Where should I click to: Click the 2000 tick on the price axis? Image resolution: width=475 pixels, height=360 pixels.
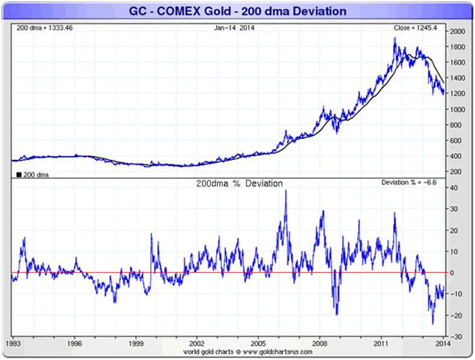pos(457,31)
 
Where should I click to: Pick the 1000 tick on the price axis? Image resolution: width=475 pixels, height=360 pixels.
pos(457,109)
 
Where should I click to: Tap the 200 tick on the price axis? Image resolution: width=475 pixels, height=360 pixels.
pos(456,172)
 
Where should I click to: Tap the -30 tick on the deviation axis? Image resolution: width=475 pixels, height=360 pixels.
pos(456,336)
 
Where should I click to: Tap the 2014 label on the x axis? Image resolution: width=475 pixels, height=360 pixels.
pos(442,344)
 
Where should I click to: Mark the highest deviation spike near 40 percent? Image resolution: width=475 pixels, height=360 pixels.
pos(285,191)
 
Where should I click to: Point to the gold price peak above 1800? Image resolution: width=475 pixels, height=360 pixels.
pos(395,38)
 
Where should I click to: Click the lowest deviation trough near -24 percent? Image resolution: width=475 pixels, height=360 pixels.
pos(433,324)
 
